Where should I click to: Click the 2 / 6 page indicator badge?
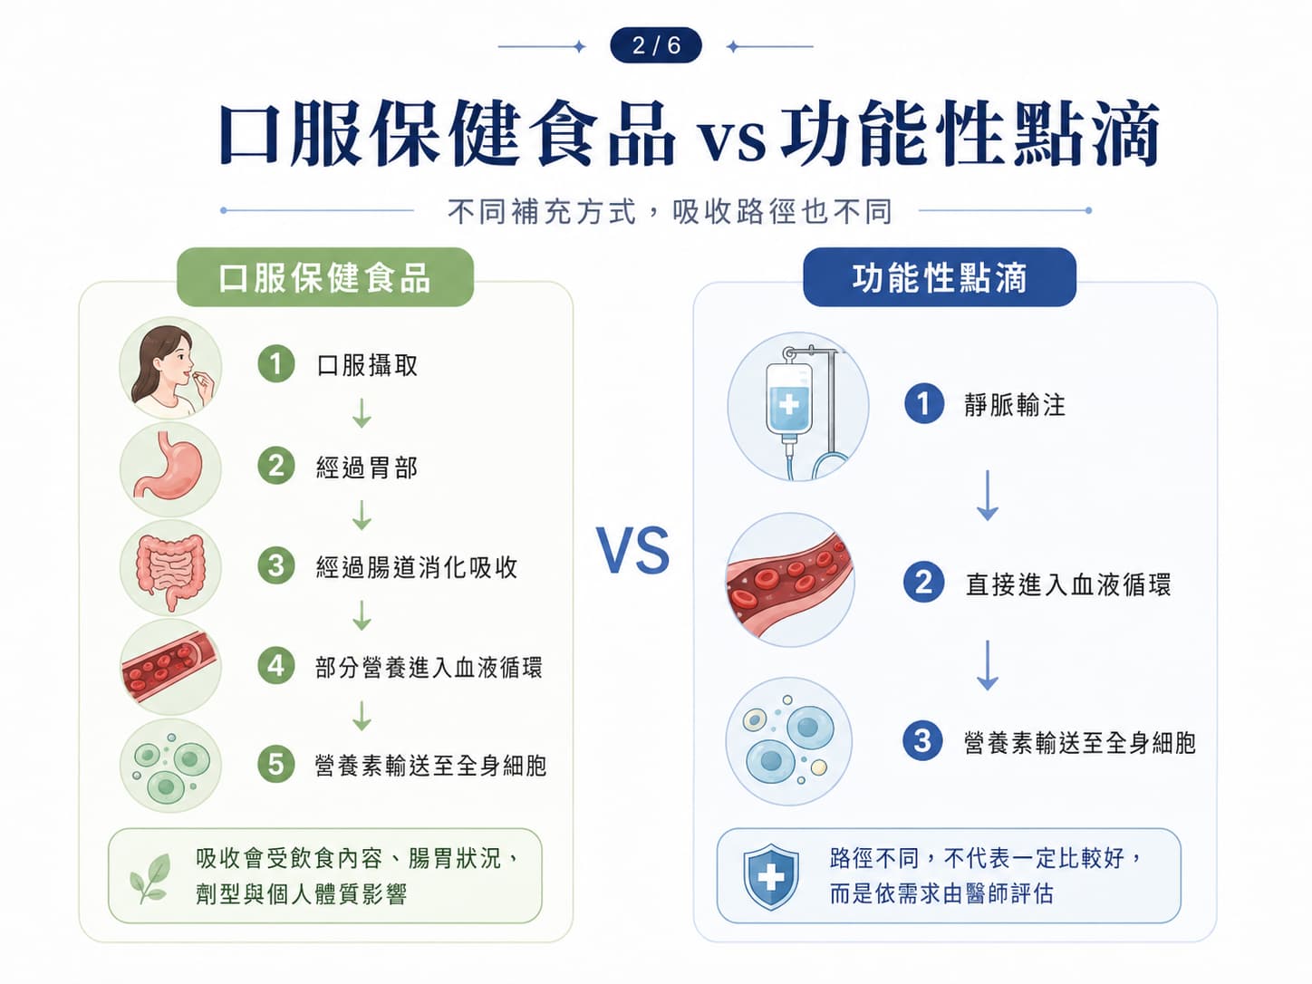pos(656,45)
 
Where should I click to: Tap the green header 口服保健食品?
pos(325,277)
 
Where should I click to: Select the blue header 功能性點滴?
pos(939,277)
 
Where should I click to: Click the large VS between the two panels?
pos(633,550)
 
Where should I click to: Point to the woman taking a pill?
pos(170,368)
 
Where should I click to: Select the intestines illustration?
pos(170,567)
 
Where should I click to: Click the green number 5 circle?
pos(276,764)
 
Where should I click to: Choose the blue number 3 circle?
pos(923,741)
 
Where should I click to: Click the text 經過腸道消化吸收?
pos(417,567)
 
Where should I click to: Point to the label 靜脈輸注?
pos(1015,404)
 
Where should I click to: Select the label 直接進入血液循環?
pos(1068,584)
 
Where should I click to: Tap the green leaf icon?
pos(150,878)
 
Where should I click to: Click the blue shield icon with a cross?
pos(770,876)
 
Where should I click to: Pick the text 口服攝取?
pos(367,365)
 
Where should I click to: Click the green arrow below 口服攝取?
pos(362,412)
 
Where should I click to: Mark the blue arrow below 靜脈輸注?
pos(987,496)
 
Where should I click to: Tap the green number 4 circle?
pos(276,666)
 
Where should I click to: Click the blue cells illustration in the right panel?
pos(789,741)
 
